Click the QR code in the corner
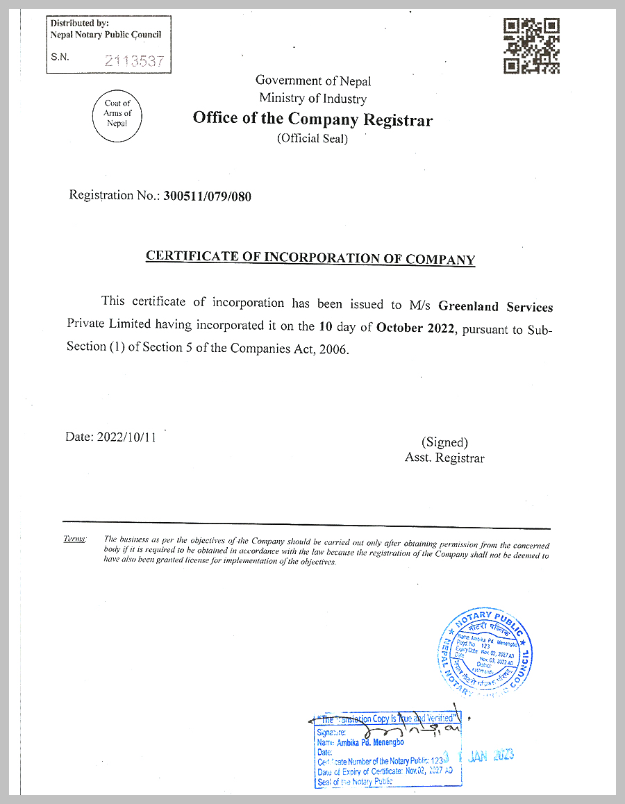click(532, 46)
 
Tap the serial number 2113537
click(135, 61)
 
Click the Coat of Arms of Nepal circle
click(117, 114)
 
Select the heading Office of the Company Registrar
click(312, 119)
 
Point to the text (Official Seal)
click(312, 138)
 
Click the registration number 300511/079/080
click(207, 196)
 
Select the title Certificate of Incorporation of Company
click(310, 258)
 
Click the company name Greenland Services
click(496, 306)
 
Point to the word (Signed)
click(444, 442)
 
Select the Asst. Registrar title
click(444, 458)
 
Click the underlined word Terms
click(74, 539)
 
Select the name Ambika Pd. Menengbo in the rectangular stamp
click(369, 742)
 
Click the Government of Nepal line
click(313, 81)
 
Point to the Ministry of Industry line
click(312, 99)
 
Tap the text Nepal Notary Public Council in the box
click(106, 35)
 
